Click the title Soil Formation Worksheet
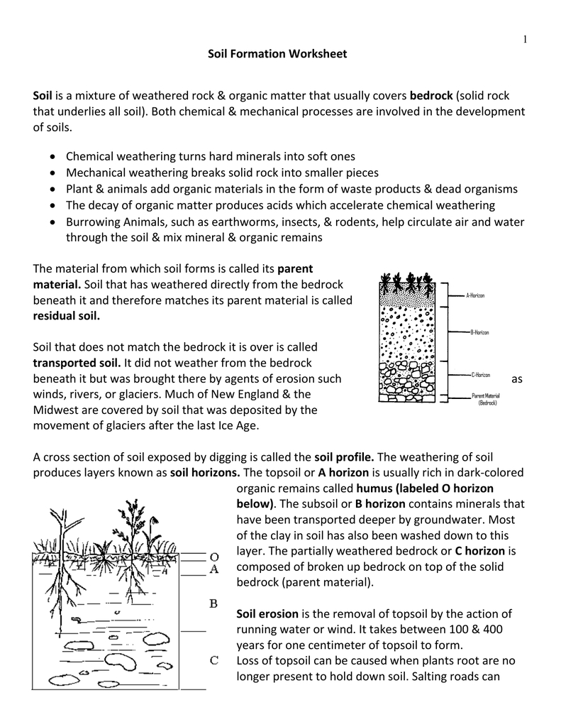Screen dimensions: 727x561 pyautogui.click(x=277, y=54)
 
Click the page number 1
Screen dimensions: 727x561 pyautogui.click(x=525, y=40)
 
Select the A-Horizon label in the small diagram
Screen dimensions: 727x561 pyautogui.click(x=475, y=295)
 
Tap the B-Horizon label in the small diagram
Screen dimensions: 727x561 pyautogui.click(x=479, y=332)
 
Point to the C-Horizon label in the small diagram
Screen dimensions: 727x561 pyautogui.click(x=480, y=374)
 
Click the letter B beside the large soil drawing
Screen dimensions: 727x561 pyautogui.click(x=213, y=603)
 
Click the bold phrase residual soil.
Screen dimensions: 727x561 pyautogui.click(x=67, y=316)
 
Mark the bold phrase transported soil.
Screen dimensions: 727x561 pyautogui.click(x=77, y=363)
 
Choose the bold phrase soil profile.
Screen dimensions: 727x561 pyautogui.click(x=345, y=457)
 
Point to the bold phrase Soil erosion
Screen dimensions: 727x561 pyautogui.click(x=267, y=613)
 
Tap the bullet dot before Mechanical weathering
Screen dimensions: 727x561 pyautogui.click(x=55, y=173)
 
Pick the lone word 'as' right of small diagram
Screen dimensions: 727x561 pyautogui.click(x=516, y=379)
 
